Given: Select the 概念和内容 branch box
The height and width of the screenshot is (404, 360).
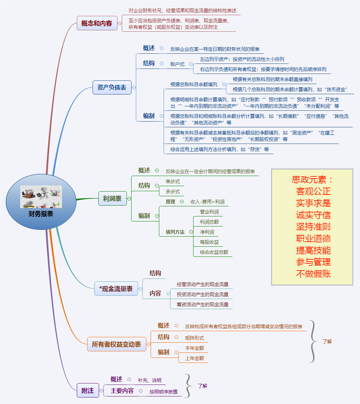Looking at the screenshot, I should tap(97, 23).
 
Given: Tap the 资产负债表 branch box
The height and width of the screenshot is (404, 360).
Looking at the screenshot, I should tap(112, 87).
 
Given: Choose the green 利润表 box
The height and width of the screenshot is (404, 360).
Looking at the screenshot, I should tap(112, 198).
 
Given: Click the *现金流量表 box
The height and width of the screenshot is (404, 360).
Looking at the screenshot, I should tap(116, 289).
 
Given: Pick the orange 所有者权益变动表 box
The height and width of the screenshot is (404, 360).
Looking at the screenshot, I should tap(116, 344).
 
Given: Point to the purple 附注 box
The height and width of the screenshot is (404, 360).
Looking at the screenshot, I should tap(88, 390).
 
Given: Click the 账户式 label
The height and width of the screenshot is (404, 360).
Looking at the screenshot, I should tap(177, 64).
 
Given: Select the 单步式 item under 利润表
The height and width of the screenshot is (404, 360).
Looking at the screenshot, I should tap(173, 181).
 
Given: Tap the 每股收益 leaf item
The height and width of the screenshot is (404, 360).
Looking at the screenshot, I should tap(209, 242).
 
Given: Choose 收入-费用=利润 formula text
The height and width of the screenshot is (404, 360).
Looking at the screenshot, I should tap(207, 202).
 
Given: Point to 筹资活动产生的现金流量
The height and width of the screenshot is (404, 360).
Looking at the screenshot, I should tap(203, 304).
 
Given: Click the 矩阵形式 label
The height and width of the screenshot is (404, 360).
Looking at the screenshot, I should tap(194, 338).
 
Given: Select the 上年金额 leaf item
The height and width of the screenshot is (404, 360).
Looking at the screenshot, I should tap(195, 358).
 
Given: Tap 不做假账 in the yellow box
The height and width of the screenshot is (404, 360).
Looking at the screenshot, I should tap(313, 273).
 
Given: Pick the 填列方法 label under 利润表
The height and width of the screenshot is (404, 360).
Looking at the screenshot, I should tap(175, 232).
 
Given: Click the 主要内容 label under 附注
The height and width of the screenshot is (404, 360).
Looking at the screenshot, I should tap(122, 391).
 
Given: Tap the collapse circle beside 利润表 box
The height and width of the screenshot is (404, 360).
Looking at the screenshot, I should tap(129, 198).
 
